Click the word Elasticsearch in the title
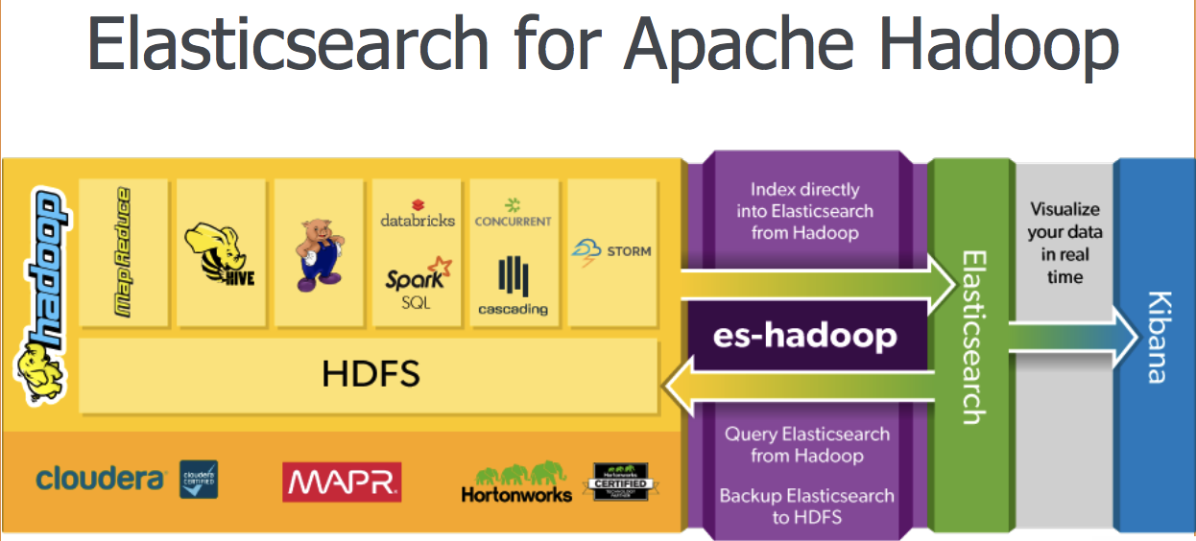tap(288, 43)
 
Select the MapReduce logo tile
tap(125, 251)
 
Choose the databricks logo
tap(418, 212)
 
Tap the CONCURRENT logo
tap(514, 213)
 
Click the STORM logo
tap(610, 251)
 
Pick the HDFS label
tap(371, 373)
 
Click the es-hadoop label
tap(804, 336)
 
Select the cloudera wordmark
tap(100, 479)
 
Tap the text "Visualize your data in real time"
tap(1064, 243)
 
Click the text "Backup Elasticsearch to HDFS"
tap(806, 506)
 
